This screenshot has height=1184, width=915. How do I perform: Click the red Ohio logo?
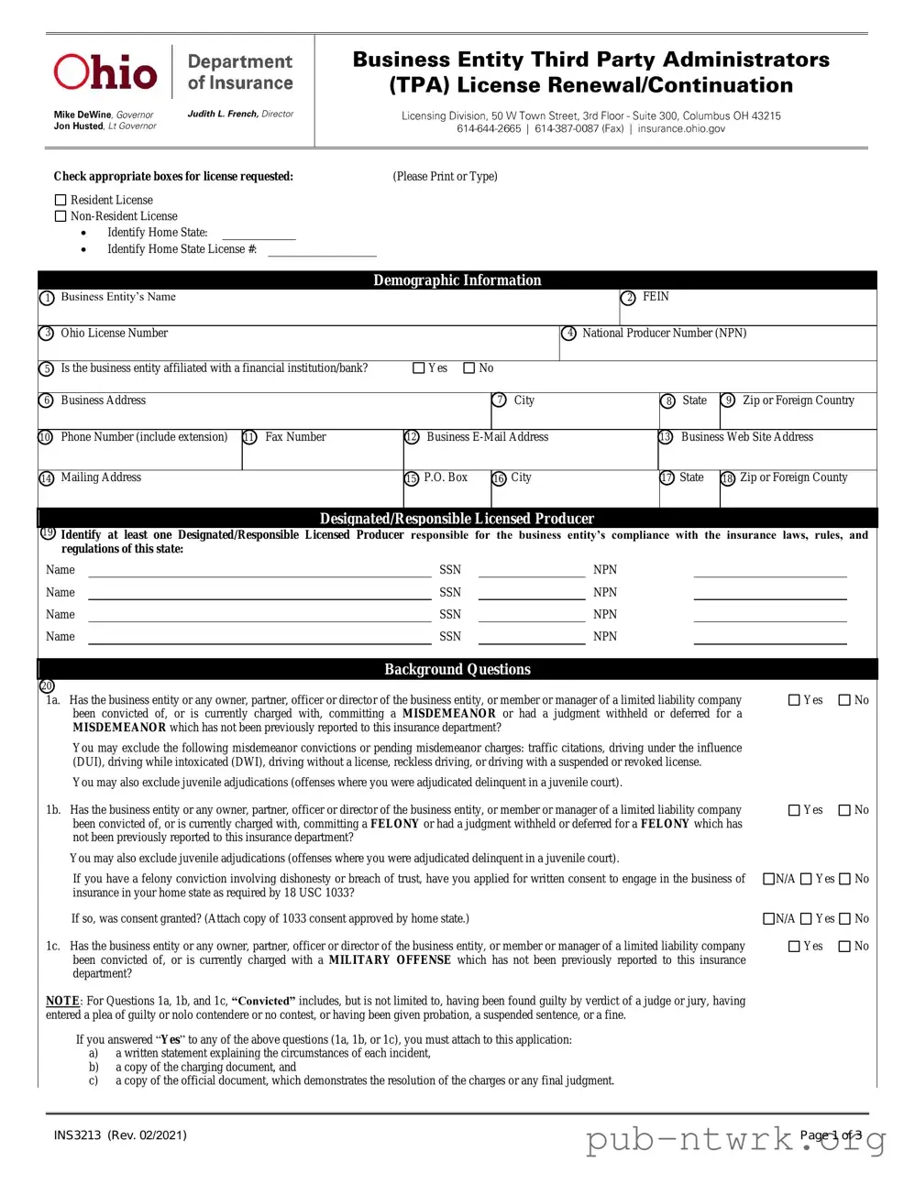click(105, 72)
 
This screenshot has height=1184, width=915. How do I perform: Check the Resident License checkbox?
click(61, 200)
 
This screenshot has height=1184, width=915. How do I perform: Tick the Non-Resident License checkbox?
click(61, 216)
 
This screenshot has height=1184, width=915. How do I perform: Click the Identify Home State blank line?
click(259, 236)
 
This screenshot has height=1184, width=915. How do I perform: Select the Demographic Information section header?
click(457, 280)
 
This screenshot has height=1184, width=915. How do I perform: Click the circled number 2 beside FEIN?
click(628, 298)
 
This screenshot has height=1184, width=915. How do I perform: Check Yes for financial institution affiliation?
click(419, 368)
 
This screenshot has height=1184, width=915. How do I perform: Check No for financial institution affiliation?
click(469, 368)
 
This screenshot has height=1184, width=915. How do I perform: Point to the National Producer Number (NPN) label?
click(664, 334)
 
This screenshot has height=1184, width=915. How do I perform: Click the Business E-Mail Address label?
click(487, 437)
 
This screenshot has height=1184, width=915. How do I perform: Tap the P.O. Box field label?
click(446, 477)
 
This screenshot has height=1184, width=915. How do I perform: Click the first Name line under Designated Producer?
click(259, 572)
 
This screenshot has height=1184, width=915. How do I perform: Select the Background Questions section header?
click(457, 669)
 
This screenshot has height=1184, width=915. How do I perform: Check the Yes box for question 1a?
click(795, 700)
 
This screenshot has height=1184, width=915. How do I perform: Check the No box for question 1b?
click(845, 810)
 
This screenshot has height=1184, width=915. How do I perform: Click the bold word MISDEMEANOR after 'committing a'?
click(448, 714)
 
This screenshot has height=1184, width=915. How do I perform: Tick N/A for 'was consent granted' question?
click(769, 919)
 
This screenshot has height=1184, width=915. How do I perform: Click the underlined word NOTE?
click(62, 1001)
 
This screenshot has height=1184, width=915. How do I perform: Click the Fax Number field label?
click(295, 437)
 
